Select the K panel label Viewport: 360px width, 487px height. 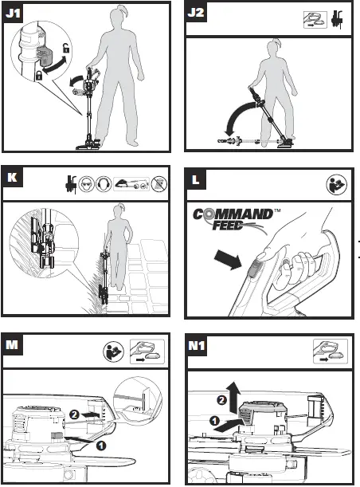click(x=12, y=176)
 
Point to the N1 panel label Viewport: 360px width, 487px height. click(x=198, y=346)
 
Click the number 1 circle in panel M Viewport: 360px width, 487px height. click(x=102, y=446)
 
